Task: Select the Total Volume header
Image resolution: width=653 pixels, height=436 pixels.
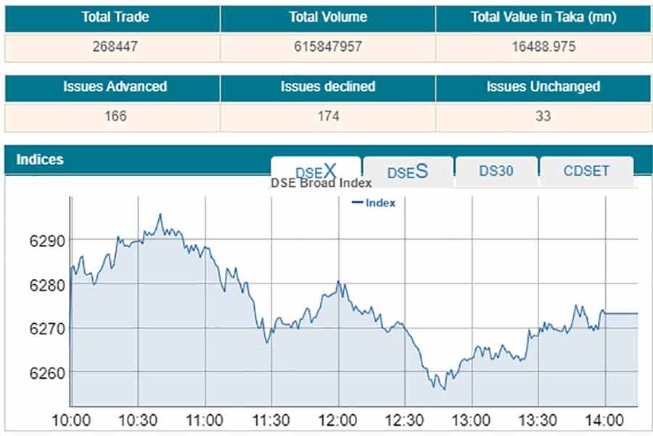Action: pos(328,17)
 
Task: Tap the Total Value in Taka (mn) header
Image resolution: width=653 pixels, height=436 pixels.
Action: pos(543,17)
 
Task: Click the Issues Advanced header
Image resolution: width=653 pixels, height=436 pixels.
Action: pos(115,86)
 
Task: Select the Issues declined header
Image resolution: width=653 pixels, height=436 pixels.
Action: pos(328,86)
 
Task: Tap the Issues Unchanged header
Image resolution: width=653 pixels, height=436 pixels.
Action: pos(543,86)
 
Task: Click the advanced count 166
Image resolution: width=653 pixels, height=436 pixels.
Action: pos(115,116)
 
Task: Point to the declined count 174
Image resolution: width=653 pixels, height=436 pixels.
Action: pos(328,116)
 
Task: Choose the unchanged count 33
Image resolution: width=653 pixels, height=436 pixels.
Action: pos(543,116)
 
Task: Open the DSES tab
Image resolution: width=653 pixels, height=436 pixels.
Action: pos(408,171)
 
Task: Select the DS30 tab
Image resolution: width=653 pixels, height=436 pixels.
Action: pos(496,171)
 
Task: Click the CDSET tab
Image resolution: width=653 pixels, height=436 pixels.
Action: pos(586,171)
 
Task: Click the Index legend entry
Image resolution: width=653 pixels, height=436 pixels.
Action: pos(374,203)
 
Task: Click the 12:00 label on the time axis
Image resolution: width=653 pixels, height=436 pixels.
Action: pos(338,420)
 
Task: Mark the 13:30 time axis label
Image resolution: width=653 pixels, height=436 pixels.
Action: pos(538,420)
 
